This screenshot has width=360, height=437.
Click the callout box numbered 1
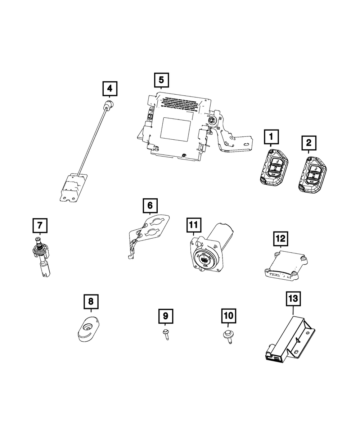[x=271, y=137]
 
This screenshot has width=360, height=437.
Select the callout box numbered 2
[x=309, y=143]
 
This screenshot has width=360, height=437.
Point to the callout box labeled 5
[x=161, y=80]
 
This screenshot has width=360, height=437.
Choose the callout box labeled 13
[x=293, y=298]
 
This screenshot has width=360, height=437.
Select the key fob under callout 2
[x=312, y=175]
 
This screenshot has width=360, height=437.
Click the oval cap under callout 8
[x=88, y=328]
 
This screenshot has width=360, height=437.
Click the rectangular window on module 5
[x=175, y=129]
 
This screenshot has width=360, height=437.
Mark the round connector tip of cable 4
[x=108, y=105]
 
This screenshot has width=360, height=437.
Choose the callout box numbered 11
[x=193, y=225]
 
